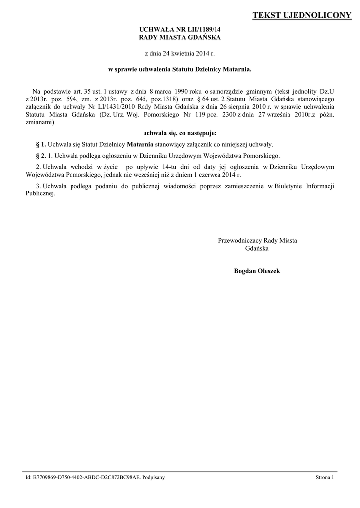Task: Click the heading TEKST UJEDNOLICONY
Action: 302,16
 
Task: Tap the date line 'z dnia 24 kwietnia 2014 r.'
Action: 180,52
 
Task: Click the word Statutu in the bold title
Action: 184,70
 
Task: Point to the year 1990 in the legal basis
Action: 177,91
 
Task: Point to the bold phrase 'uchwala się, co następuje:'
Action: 180,133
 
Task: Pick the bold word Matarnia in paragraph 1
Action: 140,144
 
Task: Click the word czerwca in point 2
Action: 215,175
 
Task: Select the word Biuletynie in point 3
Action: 288,186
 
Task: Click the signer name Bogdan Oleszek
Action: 257,271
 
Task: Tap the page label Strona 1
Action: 325,477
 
